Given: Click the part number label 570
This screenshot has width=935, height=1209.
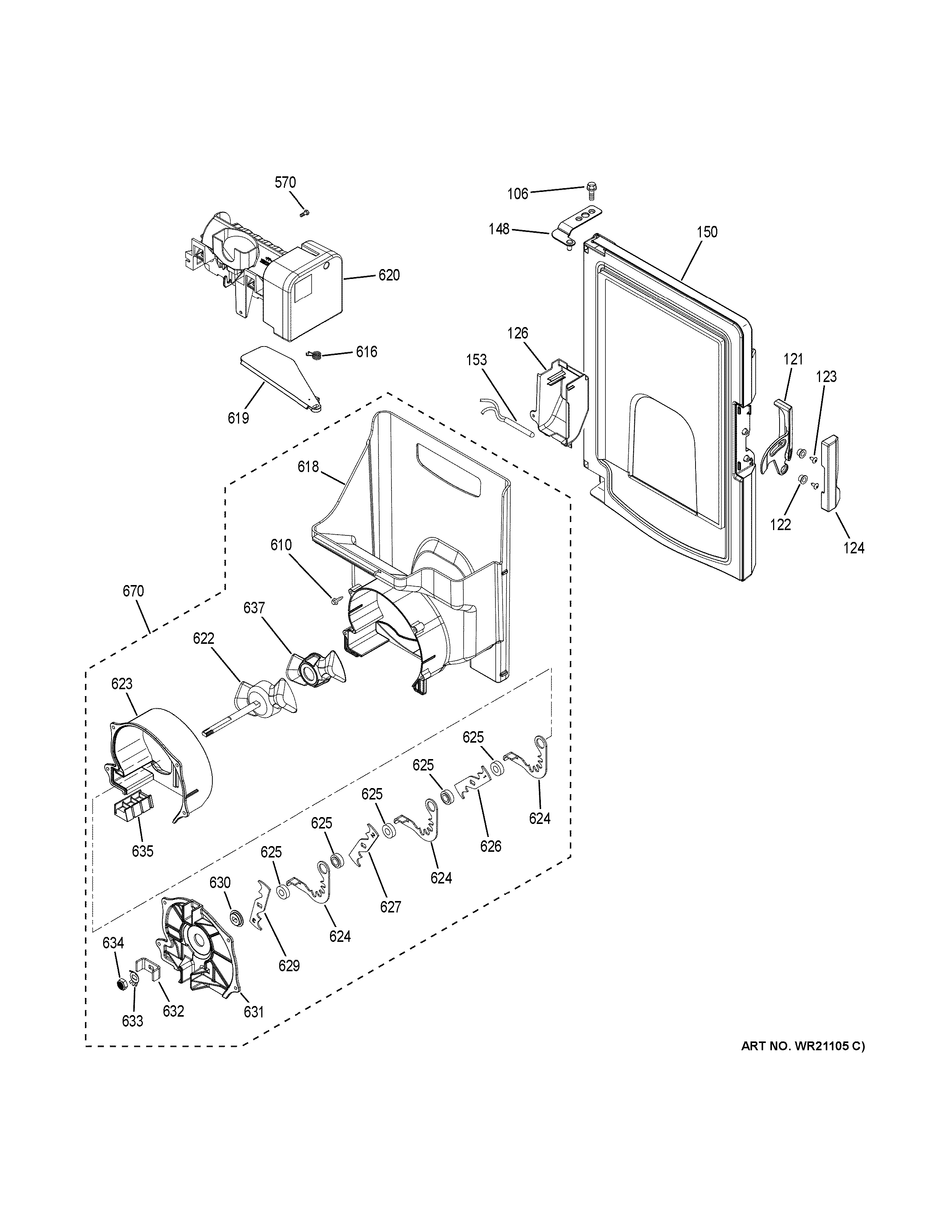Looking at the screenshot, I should [285, 182].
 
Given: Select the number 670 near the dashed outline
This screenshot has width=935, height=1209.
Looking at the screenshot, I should [133, 591].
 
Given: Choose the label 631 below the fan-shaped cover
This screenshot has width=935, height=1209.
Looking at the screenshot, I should [253, 1011].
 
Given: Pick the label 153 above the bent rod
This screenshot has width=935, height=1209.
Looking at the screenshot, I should [476, 360].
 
